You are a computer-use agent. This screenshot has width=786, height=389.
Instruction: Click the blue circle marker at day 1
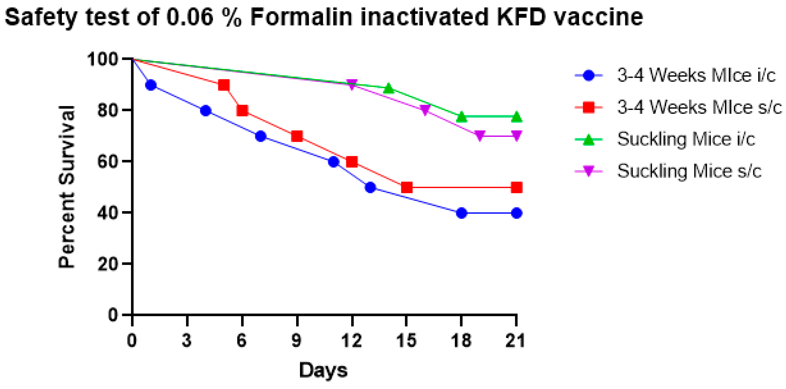pos(151,85)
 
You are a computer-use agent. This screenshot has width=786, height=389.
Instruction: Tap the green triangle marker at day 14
pos(388,88)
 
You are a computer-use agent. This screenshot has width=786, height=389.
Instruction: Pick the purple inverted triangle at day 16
pos(425,110)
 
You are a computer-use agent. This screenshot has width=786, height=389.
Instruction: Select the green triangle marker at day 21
pos(516,117)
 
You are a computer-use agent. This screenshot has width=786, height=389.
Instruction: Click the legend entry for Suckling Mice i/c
pos(686,139)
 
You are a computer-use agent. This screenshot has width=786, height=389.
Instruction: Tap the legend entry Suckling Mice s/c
pos(689,171)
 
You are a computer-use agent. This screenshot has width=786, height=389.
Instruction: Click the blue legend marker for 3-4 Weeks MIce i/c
pos(589,75)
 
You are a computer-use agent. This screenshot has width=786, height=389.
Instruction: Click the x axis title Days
pos(323,370)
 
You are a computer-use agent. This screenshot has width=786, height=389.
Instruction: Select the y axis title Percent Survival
pos(67,187)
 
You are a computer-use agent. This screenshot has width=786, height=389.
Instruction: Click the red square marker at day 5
pos(224,85)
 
